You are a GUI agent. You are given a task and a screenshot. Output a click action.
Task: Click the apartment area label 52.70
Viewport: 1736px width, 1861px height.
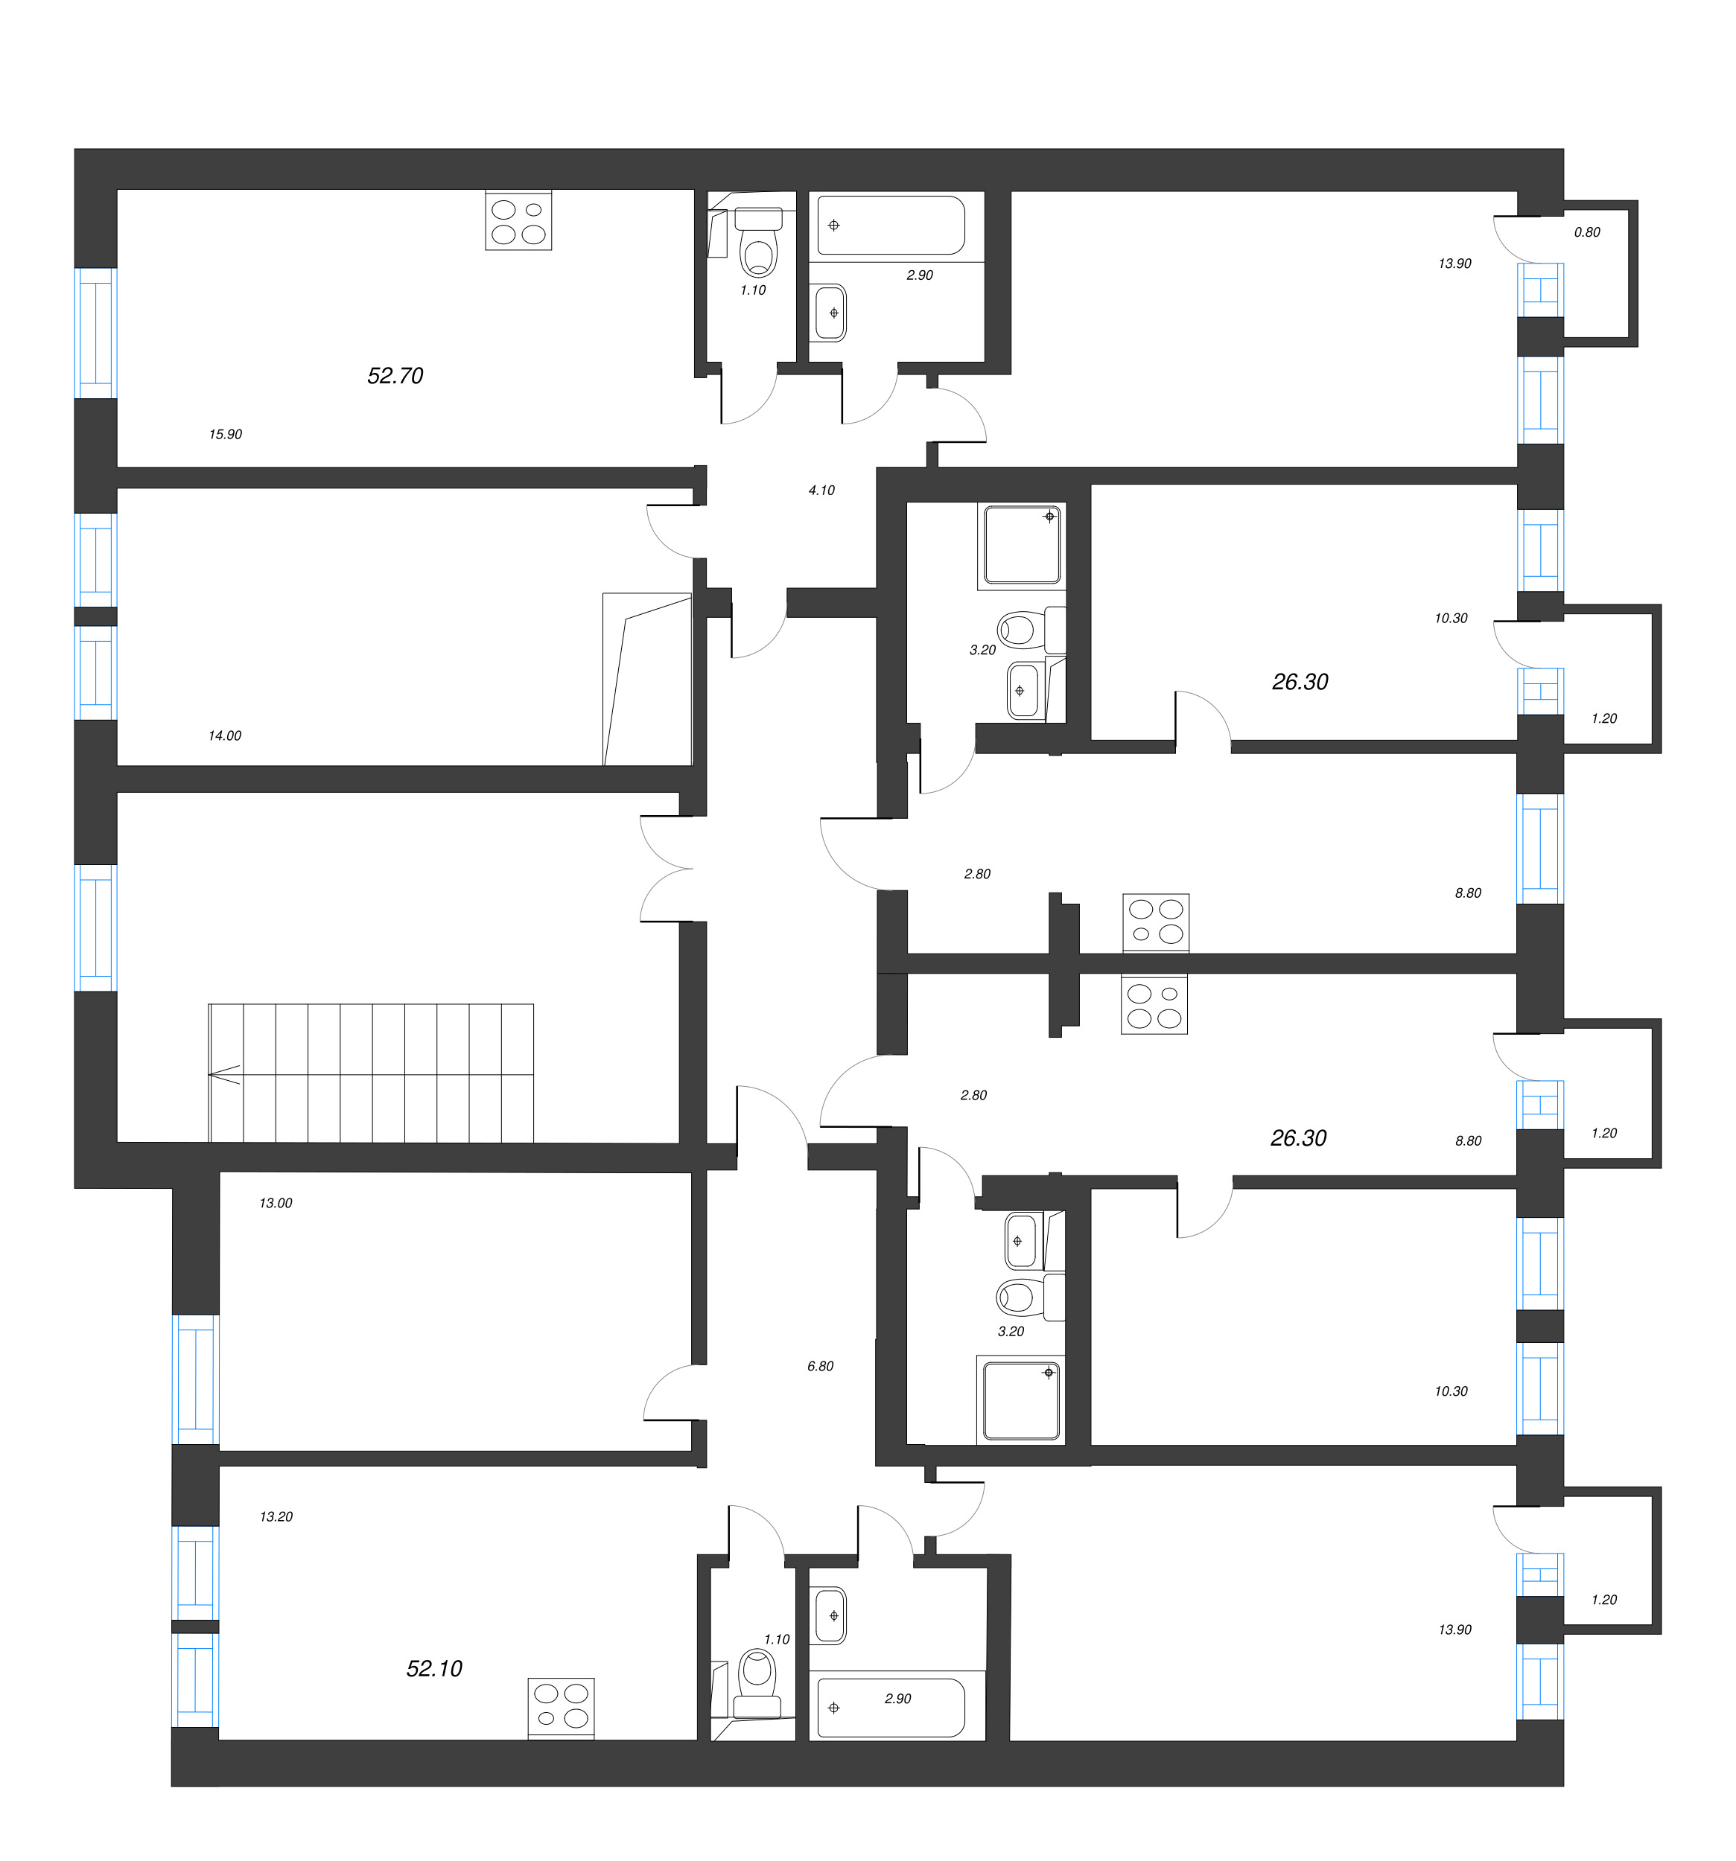(x=395, y=375)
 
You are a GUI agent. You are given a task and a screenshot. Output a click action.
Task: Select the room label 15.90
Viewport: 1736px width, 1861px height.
(x=226, y=435)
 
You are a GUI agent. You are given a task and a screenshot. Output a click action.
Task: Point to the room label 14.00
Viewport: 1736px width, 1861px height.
(x=225, y=735)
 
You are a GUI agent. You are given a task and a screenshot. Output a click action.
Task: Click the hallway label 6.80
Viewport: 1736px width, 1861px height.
(x=820, y=1366)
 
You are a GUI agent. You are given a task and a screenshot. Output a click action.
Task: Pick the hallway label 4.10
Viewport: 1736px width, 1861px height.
(x=821, y=490)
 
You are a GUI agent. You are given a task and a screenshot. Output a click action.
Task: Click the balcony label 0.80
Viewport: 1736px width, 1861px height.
(x=1587, y=232)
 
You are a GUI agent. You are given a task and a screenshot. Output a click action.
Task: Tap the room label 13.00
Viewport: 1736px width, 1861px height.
(x=276, y=1203)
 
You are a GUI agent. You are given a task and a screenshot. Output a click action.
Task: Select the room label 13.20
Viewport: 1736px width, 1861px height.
(x=276, y=1516)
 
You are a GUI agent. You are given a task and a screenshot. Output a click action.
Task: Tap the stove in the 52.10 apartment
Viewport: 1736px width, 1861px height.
(x=561, y=1708)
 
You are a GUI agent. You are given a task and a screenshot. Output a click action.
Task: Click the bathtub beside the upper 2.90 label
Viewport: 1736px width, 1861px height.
(x=891, y=225)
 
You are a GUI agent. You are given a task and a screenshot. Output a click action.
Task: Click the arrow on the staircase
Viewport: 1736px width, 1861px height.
(x=225, y=1076)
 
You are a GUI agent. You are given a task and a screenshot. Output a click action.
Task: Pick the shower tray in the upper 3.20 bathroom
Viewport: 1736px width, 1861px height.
(x=1020, y=546)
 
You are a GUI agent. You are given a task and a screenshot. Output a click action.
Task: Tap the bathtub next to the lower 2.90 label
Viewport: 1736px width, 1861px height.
(x=891, y=1708)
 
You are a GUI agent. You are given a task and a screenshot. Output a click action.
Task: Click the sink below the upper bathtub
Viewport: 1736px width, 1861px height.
(x=830, y=312)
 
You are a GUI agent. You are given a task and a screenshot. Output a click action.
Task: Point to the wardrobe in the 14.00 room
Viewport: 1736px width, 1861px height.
(x=647, y=679)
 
